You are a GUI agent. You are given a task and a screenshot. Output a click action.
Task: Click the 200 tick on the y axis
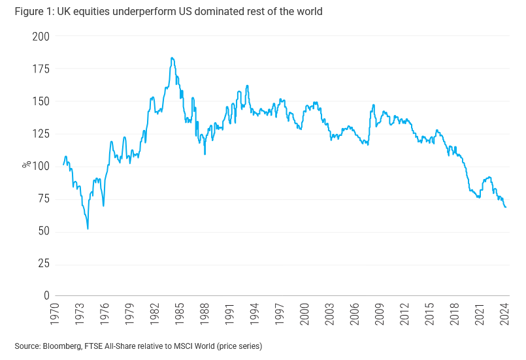tap(41, 37)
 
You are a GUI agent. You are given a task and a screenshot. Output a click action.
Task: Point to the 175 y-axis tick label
tap(41, 69)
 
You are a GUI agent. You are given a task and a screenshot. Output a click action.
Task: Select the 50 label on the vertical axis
tap(43, 232)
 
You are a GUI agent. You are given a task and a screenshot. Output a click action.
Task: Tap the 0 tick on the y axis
tap(46, 297)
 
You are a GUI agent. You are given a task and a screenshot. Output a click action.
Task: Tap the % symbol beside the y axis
tap(25, 167)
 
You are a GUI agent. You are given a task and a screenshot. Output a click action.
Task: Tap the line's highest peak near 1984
tap(172, 58)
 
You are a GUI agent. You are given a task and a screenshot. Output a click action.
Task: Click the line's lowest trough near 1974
tap(88, 229)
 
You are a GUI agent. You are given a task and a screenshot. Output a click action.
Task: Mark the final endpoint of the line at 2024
tap(506, 207)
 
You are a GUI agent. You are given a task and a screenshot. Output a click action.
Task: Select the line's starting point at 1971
tap(63, 165)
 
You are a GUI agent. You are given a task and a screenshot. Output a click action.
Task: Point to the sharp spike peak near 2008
tap(373, 105)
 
